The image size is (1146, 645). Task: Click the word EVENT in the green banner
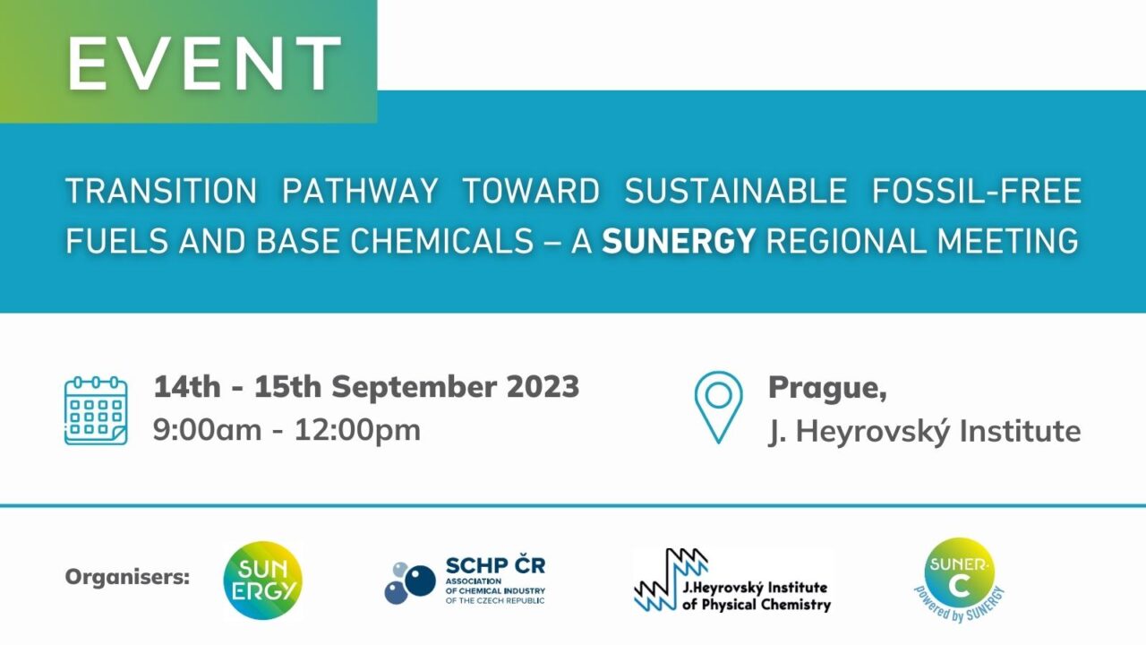tap(204, 64)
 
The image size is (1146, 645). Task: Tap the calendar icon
tap(96, 410)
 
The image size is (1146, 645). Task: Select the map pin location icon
tap(718, 406)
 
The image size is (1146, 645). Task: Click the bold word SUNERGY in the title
tap(679, 241)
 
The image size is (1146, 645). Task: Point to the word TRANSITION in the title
tap(161, 191)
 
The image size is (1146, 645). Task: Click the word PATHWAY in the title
tap(360, 191)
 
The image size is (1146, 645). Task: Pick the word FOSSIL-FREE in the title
tap(977, 191)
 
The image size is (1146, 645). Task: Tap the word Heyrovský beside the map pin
tap(876, 431)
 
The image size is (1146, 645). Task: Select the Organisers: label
tap(127, 576)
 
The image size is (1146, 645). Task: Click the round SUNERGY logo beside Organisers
tap(262, 580)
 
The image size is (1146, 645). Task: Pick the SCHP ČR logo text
tap(495, 567)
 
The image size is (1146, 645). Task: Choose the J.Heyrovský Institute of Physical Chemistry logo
tap(732, 581)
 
